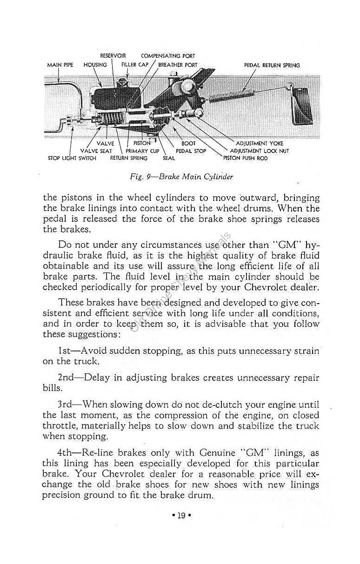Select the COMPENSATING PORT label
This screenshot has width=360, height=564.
(x=168, y=56)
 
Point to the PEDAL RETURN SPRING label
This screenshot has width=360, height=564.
(x=272, y=66)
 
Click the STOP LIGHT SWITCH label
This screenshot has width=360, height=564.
(x=72, y=158)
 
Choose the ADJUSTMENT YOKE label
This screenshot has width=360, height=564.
(x=260, y=144)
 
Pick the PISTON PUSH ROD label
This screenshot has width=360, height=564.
(x=246, y=158)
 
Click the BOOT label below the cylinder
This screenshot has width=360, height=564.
(x=188, y=144)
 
